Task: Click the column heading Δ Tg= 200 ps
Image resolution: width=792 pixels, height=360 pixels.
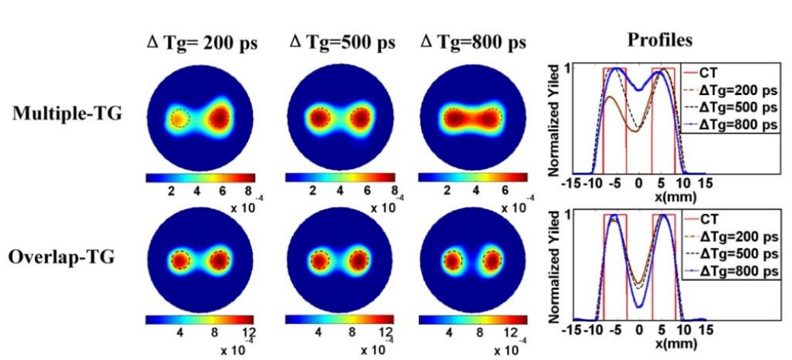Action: coord(202,43)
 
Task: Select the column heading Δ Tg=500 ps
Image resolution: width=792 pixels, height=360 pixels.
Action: coord(336,42)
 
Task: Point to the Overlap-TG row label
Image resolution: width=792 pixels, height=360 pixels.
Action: coord(61,256)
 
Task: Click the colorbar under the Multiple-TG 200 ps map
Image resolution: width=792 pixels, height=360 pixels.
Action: coord(199,177)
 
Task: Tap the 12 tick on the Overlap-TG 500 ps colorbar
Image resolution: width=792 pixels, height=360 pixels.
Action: coord(385,333)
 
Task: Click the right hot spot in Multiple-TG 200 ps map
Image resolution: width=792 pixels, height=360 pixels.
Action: coord(220,119)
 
